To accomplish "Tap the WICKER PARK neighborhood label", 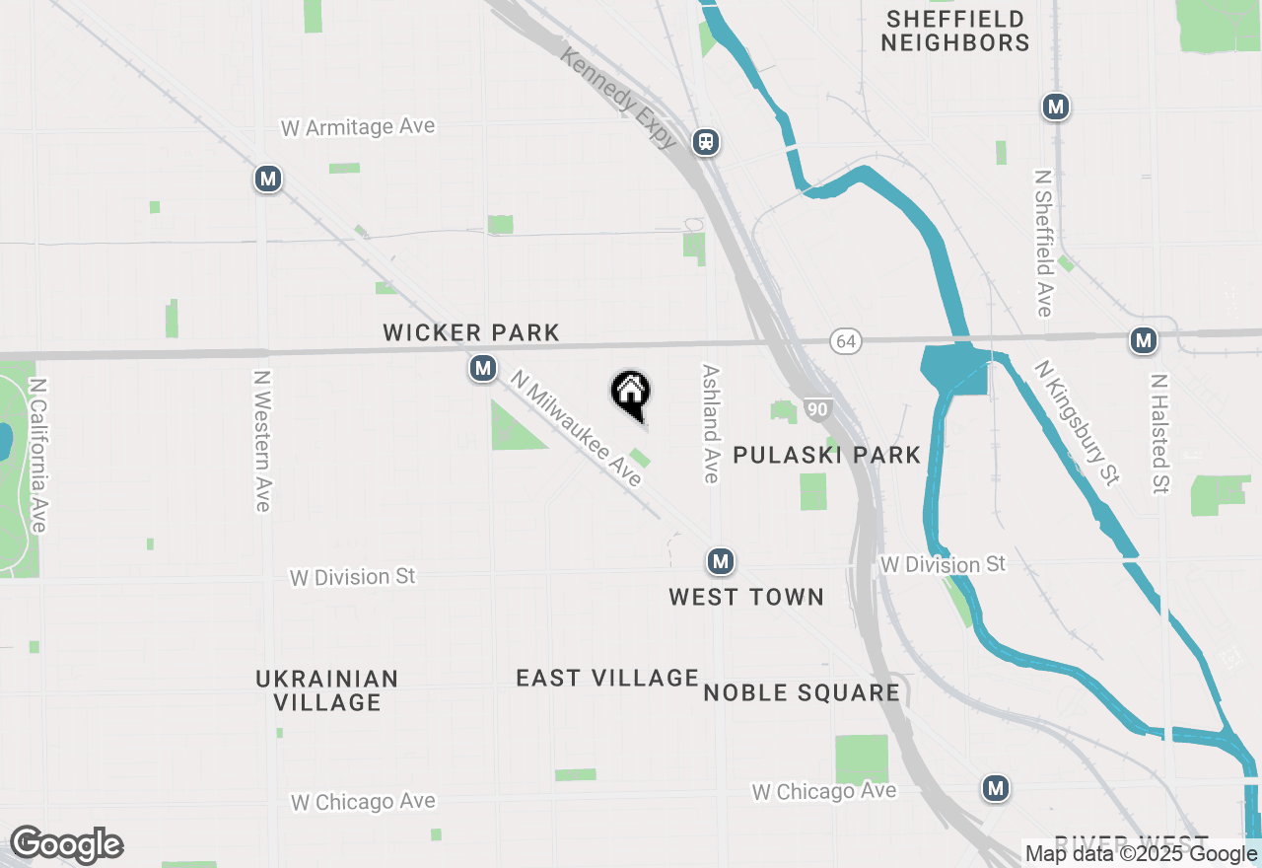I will coord(471,333).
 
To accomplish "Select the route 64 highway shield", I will coord(845,341).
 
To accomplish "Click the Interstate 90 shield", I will coord(818,410).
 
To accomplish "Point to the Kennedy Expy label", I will coord(618,98).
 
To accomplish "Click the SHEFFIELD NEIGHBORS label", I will coord(954,31).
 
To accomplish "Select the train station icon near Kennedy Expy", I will coord(705,142).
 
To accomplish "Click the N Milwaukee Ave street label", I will coord(577,429).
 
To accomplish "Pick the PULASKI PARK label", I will coord(826,455).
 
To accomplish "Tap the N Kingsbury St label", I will coord(1078,422).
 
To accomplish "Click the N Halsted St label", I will coord(1159,433).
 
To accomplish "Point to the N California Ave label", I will coord(37,456).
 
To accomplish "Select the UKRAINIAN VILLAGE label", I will coord(327,690).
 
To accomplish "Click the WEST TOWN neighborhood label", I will coord(746,597).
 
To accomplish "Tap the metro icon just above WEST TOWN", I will coord(721,562).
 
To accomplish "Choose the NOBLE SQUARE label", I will coord(802,692).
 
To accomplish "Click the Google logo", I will coord(66,845).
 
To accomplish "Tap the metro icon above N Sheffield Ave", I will coord(1056,107).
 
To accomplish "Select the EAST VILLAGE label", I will coord(607,678).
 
